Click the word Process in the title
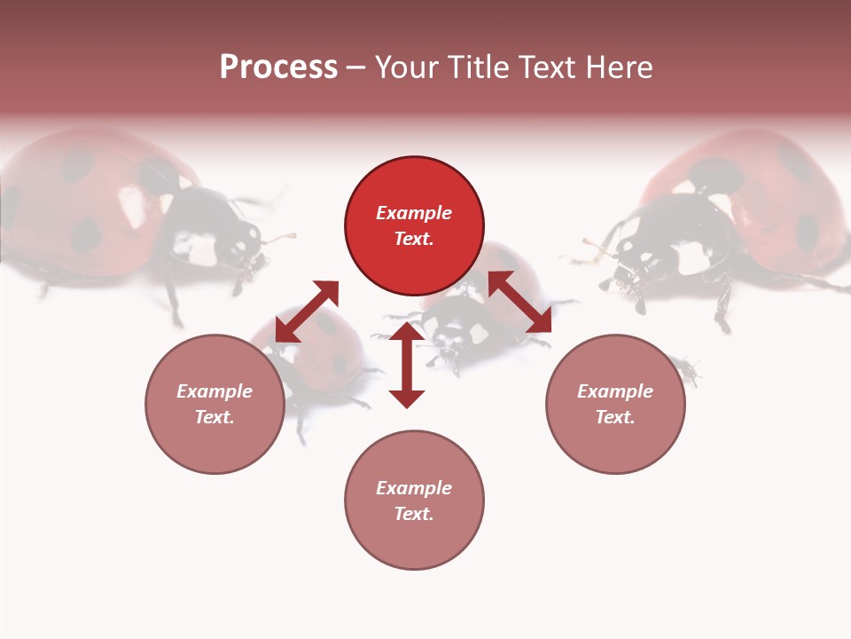coord(278,67)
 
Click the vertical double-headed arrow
coord(407,365)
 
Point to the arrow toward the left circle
coord(307,312)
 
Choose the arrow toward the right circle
coord(519,302)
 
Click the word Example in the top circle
coord(414,213)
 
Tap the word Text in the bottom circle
coord(414,514)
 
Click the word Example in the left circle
coord(215,391)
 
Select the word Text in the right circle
coord(615,417)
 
